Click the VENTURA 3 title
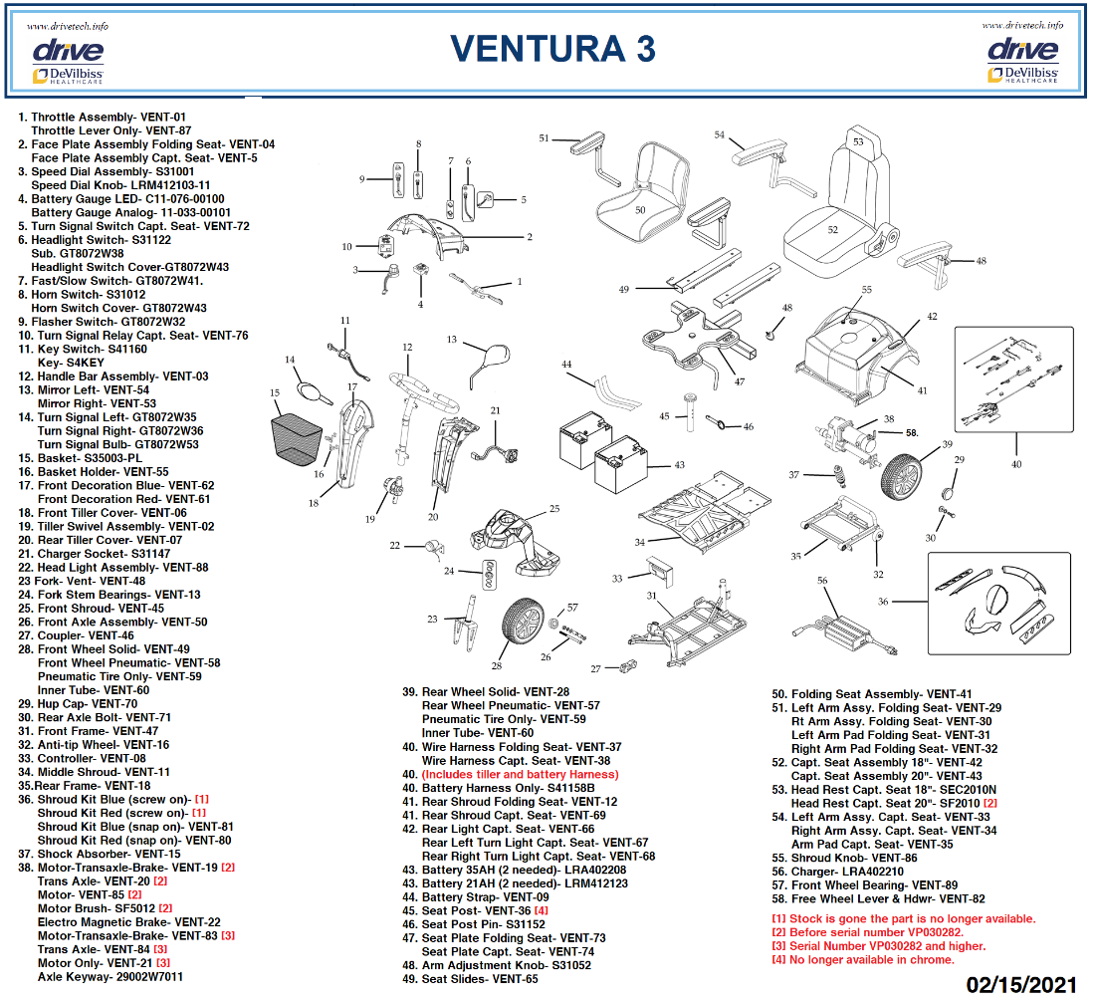(x=552, y=48)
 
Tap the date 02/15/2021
(x=1021, y=984)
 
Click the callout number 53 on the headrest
(x=858, y=142)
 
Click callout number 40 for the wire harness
(x=1016, y=463)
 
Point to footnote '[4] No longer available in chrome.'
(x=862, y=959)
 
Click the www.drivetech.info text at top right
(x=1021, y=25)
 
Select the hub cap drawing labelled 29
(x=948, y=491)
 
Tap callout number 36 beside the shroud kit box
(x=883, y=602)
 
